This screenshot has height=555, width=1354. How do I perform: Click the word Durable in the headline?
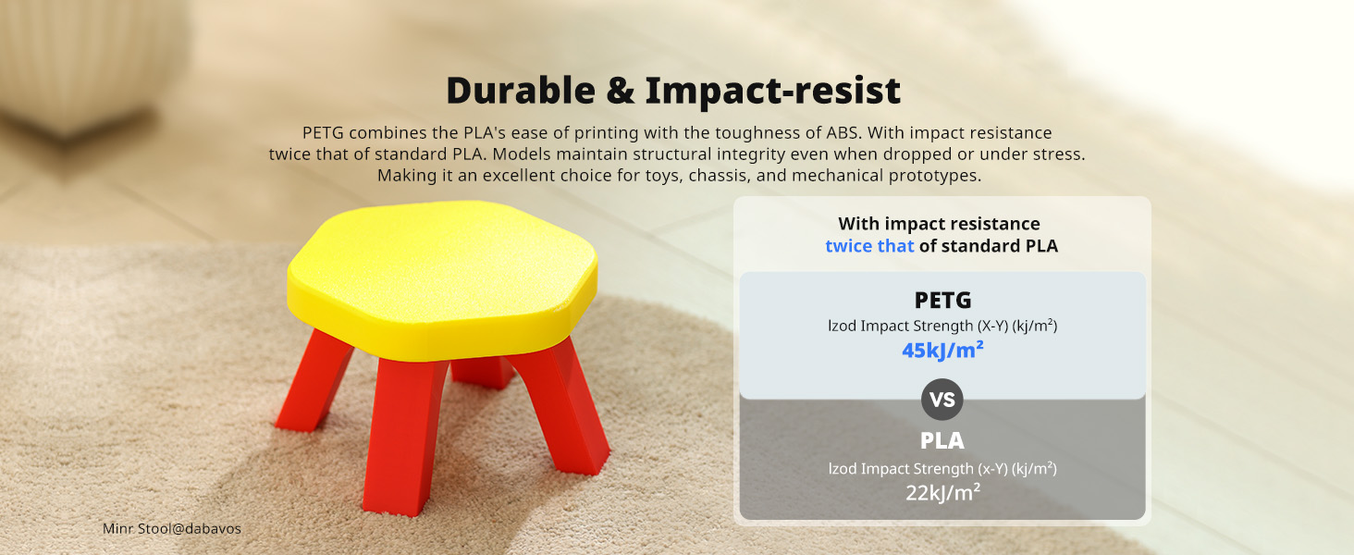[x=521, y=91]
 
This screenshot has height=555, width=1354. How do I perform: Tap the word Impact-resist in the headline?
[x=772, y=91]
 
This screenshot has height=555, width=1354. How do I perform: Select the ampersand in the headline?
[x=621, y=91]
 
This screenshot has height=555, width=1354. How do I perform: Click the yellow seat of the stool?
[x=442, y=279]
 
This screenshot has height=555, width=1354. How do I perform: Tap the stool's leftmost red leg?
[x=314, y=381]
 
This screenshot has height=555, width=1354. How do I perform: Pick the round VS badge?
[x=942, y=399]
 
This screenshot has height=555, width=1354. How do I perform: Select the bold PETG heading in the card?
[x=942, y=300]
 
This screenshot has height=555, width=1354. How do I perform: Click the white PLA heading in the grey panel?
[x=942, y=440]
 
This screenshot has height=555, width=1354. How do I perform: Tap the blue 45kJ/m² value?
[x=942, y=350]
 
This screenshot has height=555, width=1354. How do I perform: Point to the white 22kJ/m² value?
[x=942, y=493]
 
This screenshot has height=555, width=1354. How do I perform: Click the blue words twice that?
[x=869, y=246]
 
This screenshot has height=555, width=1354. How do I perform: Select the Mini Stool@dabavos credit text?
[x=172, y=528]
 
